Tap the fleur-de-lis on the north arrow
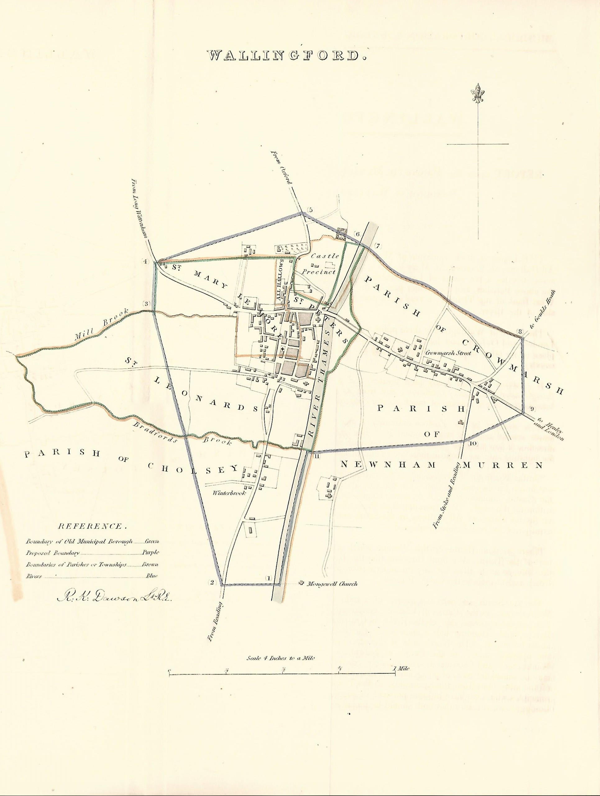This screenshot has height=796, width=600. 478,93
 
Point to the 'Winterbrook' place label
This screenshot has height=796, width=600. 229,493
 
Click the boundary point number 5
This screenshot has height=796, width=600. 310,210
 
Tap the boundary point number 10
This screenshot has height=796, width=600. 473,444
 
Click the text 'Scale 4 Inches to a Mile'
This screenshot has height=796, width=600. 281,658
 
